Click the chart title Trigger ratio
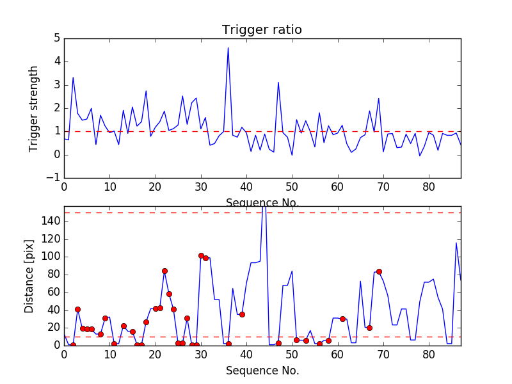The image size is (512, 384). point(262,30)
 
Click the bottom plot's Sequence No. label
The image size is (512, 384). point(262,371)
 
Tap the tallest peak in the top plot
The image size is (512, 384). point(228,47)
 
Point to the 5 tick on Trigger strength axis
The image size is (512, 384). point(56,38)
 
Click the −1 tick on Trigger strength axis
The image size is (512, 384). point(54,178)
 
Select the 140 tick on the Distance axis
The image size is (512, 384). point(51,221)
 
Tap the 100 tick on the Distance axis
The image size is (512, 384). point(51,257)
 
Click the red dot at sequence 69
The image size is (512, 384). point(379,271)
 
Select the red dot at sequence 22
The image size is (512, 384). point(164,271)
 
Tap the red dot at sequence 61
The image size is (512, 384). point(342,319)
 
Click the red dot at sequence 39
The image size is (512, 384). point(242,314)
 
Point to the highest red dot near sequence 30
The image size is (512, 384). point(201,255)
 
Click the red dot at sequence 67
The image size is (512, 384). point(369,328)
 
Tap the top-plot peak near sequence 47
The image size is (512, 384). point(278,82)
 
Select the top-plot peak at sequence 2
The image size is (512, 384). point(73,77)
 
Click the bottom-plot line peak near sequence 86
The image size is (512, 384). point(456,243)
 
